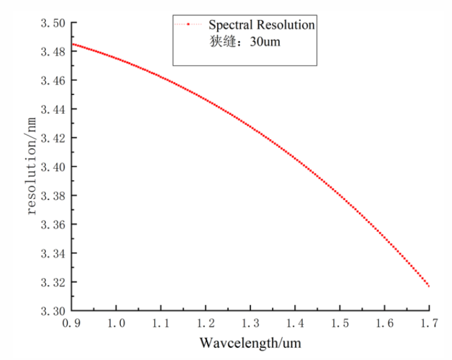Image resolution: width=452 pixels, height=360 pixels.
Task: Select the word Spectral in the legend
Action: (x=230, y=25)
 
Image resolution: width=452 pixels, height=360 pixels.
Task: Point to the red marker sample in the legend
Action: (x=188, y=25)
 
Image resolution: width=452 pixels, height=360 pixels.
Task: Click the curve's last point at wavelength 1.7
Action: (x=429, y=286)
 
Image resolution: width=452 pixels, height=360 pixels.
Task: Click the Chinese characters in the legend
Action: (x=223, y=42)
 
